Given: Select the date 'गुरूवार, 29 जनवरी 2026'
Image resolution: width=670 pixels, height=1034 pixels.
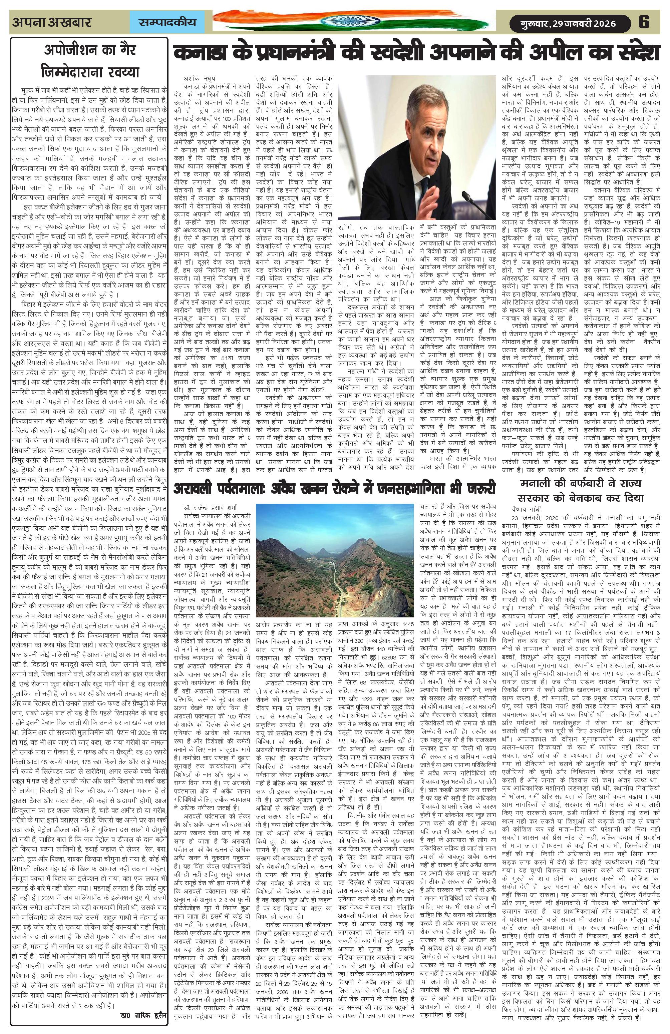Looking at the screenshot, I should tap(569, 23).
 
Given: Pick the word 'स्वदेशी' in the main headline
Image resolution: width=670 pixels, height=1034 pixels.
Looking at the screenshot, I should tap(382, 53).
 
